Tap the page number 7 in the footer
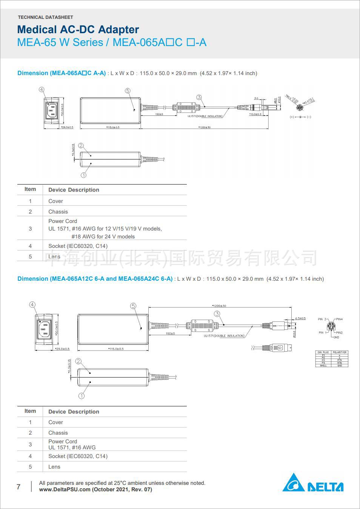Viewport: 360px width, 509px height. click(18, 487)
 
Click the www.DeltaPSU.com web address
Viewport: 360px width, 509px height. click(65, 489)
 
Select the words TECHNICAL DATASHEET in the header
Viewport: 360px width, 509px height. click(45, 17)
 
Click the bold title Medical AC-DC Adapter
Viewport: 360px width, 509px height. click(78, 29)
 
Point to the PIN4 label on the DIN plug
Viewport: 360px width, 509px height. click(339, 319)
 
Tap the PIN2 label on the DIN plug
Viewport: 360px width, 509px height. click(339, 333)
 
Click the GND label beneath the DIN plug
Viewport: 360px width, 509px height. click(336, 337)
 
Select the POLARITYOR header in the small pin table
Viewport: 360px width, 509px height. click(340, 352)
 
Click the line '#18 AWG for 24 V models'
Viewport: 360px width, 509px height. click(103, 237)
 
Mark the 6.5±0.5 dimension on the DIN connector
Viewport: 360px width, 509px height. click(300, 318)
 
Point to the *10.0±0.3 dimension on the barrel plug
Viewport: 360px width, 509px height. click(255, 114)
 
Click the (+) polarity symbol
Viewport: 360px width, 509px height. click(292, 117)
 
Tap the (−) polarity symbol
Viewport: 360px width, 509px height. click(309, 117)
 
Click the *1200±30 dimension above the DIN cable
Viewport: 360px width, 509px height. click(219, 306)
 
